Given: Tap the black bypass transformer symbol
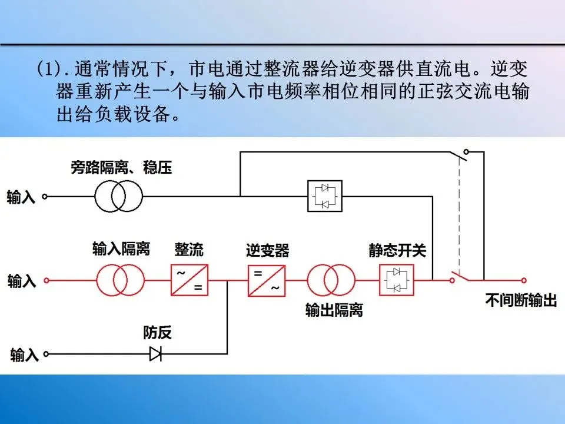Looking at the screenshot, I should tap(119, 196).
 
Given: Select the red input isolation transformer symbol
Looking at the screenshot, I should tap(121, 280).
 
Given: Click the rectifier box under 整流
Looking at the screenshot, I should tap(190, 280).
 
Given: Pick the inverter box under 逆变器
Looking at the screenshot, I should tap(266, 280).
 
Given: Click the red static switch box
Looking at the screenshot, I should tap(397, 280).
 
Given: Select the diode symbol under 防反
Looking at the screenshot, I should tap(156, 354).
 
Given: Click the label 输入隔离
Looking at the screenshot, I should tap(121, 249).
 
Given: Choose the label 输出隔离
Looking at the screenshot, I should tap(334, 310).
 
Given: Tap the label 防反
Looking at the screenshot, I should tap(157, 333).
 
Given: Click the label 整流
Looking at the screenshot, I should tap(189, 249).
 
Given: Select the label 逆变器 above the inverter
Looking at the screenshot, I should tap(268, 250).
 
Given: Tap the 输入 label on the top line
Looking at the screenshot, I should tap(21, 197).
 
